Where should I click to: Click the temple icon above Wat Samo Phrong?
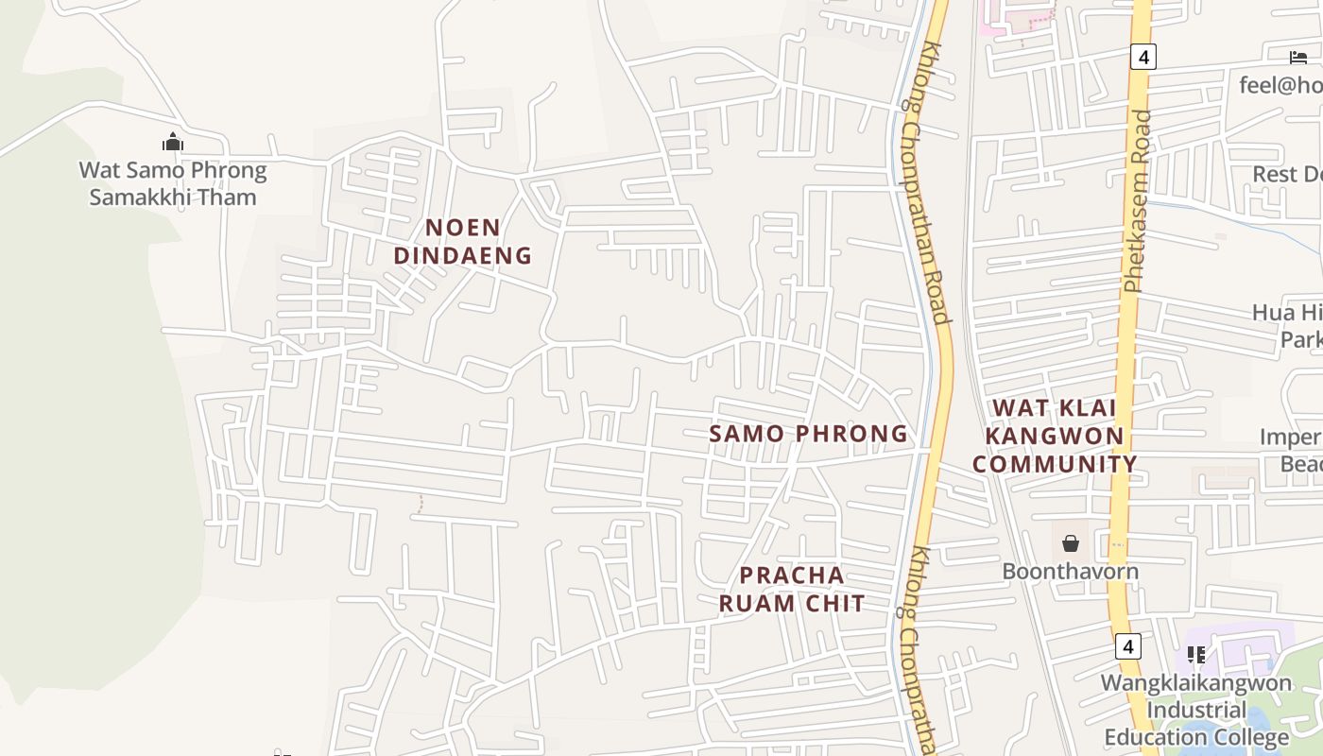tap(172, 143)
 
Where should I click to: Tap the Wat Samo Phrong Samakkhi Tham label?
tap(173, 184)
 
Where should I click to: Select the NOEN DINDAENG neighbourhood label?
tap(463, 241)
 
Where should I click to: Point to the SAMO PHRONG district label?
tap(808, 434)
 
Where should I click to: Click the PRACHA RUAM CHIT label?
tap(792, 589)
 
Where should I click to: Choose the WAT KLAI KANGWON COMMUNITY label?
tap(1055, 436)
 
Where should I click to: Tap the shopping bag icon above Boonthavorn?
tap(1071, 543)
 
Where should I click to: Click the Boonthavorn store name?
tap(1071, 572)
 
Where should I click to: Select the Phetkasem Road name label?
tap(1139, 201)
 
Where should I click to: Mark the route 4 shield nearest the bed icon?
tap(1143, 57)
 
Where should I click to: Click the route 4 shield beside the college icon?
tap(1126, 646)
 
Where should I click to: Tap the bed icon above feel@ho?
tap(1298, 58)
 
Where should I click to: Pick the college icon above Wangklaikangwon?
tap(1195, 654)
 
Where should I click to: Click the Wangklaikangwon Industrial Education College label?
tap(1196, 710)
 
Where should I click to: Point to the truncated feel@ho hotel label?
tap(1281, 85)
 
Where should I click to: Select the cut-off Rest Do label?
tap(1287, 174)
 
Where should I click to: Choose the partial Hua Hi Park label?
tap(1288, 325)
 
